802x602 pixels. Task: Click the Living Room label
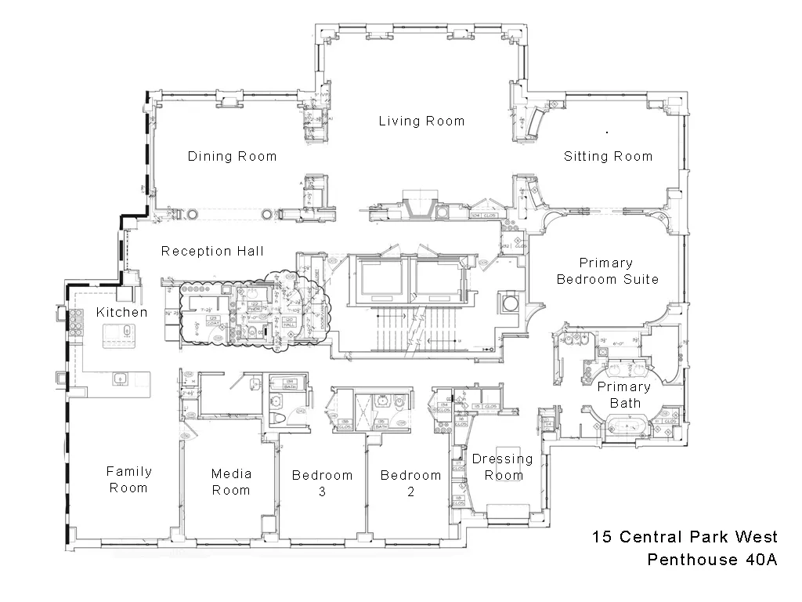coord(421,121)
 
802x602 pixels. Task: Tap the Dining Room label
coord(232,157)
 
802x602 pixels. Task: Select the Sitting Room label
coord(608,157)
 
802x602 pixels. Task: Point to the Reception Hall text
coord(212,252)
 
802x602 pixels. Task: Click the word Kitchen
coord(121,313)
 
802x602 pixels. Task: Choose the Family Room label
coord(129,480)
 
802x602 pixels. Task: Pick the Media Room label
coord(231,482)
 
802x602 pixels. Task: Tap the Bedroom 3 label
coord(322,483)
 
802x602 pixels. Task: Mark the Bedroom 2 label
coord(410,483)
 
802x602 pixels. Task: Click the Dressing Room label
coord(502,467)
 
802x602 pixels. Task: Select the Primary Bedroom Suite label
coord(607,271)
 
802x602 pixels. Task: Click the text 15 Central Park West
coord(685,537)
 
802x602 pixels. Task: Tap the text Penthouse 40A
coord(712,560)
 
